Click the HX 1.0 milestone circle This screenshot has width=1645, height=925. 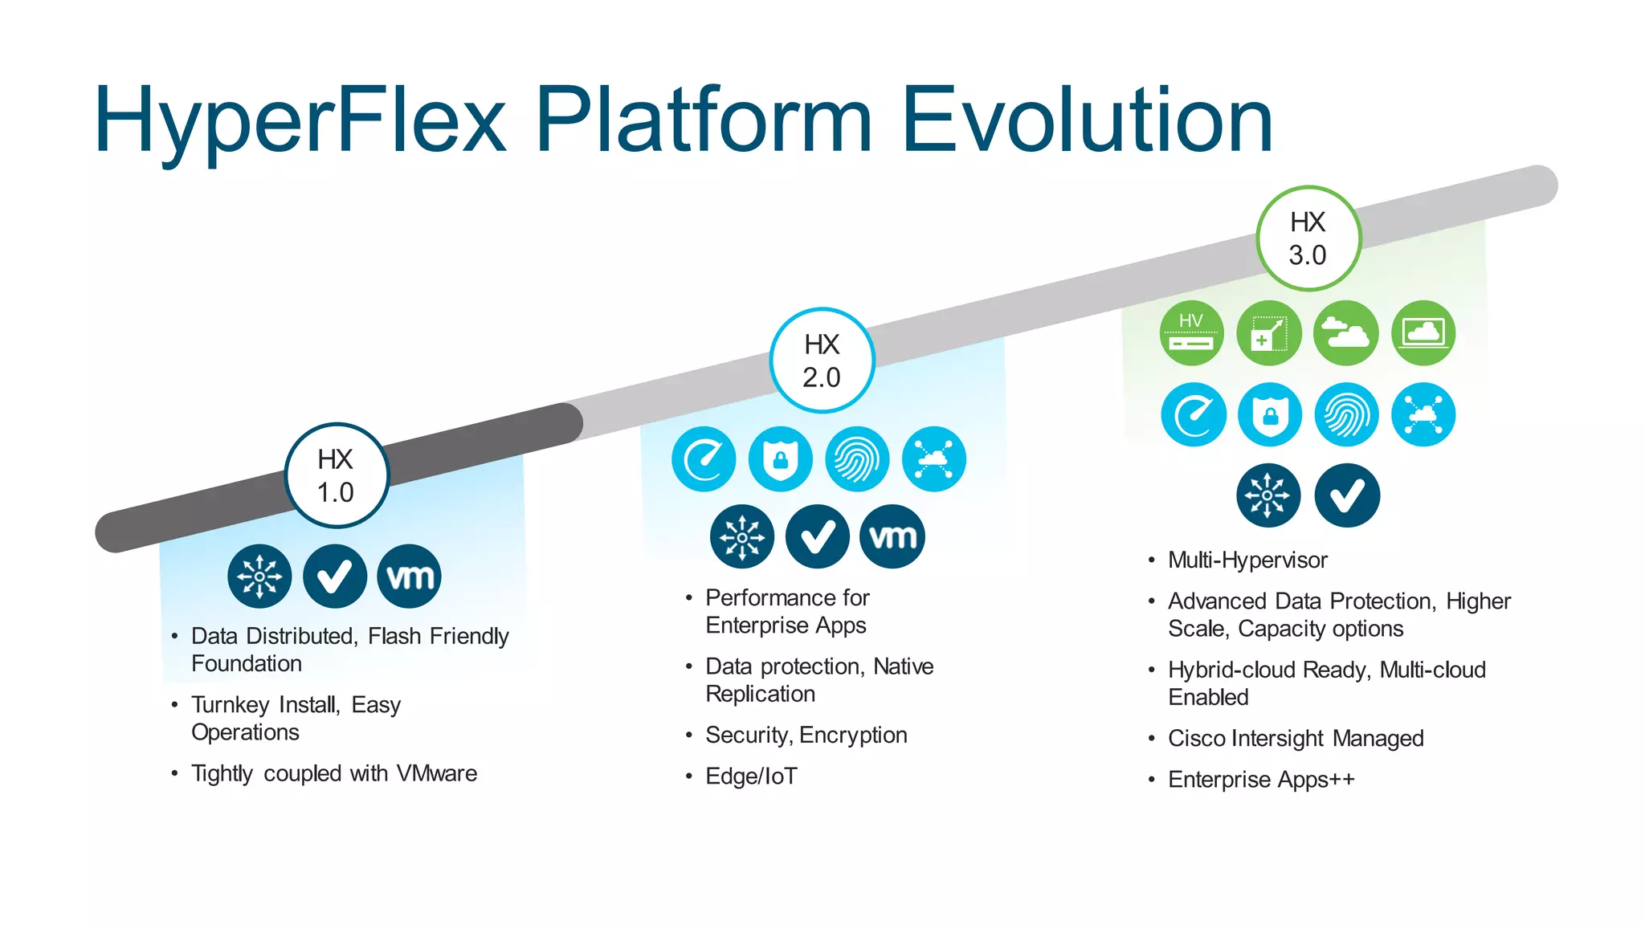click(x=337, y=475)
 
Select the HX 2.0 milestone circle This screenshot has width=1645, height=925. click(x=822, y=361)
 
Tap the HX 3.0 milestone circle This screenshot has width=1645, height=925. click(x=1308, y=238)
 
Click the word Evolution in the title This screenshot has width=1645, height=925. click(x=1087, y=120)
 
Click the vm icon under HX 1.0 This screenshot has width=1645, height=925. click(x=410, y=577)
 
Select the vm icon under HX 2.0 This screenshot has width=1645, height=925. click(x=892, y=536)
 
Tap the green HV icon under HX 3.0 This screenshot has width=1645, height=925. click(x=1192, y=333)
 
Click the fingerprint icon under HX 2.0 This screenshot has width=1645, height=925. click(x=857, y=459)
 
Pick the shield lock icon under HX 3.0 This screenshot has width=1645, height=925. click(x=1270, y=415)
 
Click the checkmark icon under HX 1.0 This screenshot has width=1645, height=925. click(x=335, y=577)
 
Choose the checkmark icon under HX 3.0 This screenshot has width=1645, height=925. click(x=1347, y=495)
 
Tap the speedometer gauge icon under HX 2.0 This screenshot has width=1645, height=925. click(x=704, y=459)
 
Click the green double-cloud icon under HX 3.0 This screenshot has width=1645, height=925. click(x=1346, y=333)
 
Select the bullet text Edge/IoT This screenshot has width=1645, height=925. click(x=751, y=776)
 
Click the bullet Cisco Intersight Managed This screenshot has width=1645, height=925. click(x=1295, y=738)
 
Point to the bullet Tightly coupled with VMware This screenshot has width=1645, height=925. click(x=333, y=773)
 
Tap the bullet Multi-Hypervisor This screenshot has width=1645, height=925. click(x=1247, y=560)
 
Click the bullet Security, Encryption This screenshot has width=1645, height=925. click(x=806, y=735)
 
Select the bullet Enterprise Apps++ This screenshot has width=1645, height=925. click(x=1260, y=780)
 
